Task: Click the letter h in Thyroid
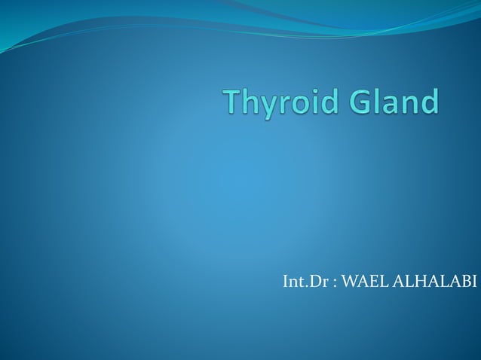249,102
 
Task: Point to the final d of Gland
427,102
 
